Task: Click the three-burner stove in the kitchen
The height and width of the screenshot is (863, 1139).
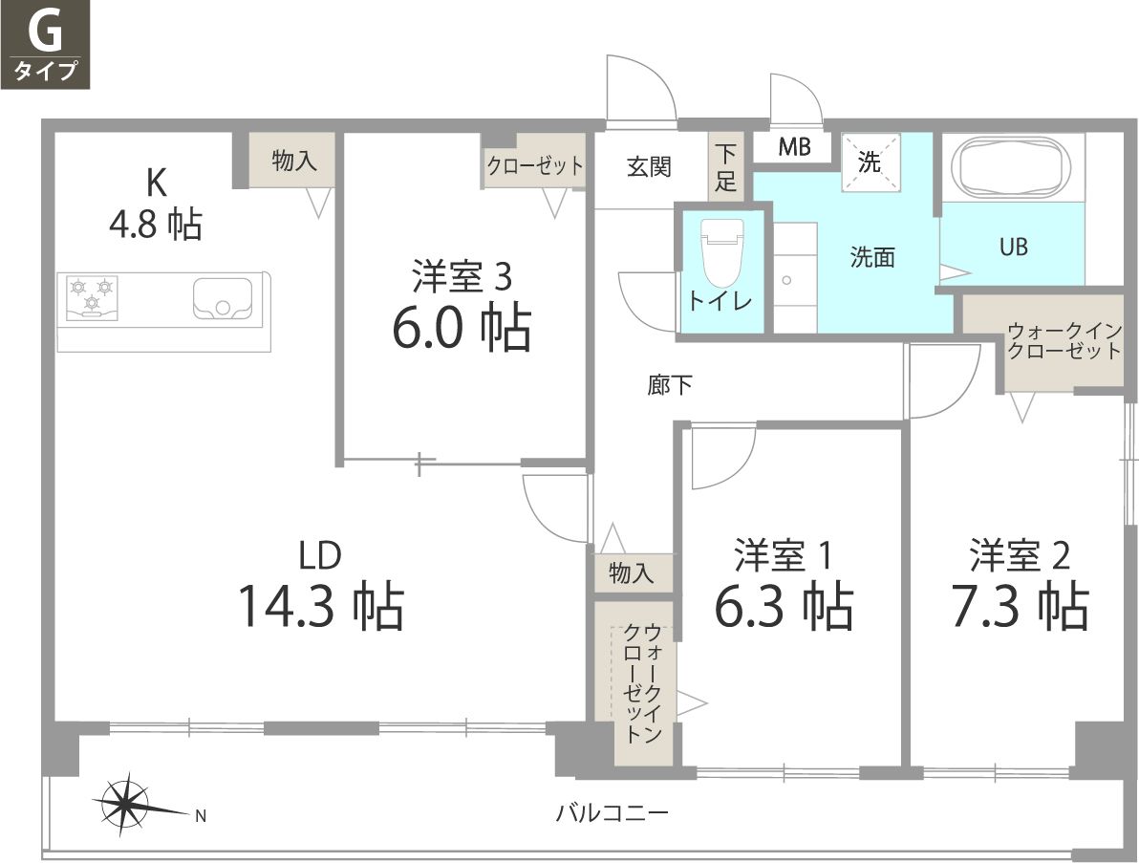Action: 92,295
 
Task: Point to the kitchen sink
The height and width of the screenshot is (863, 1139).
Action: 223,297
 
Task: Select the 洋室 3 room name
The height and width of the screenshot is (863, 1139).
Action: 462,276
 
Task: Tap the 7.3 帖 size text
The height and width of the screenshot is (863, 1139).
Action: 1020,606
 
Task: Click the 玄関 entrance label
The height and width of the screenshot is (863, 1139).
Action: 649,167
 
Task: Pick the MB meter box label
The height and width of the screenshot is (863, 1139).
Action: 793,147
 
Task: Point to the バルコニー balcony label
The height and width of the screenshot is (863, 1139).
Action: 612,814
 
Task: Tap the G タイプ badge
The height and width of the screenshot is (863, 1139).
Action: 45,45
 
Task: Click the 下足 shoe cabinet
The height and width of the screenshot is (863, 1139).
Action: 727,167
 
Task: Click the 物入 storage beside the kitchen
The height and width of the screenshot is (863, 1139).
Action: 293,161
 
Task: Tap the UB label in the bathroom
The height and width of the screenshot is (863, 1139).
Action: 1013,247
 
